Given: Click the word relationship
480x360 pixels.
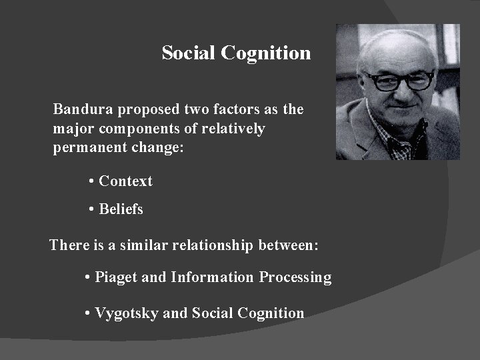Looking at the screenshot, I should coord(212,245).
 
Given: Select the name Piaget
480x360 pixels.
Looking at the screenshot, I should coord(117,277).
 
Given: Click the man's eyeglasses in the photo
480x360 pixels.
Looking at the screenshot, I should coord(400,80).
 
